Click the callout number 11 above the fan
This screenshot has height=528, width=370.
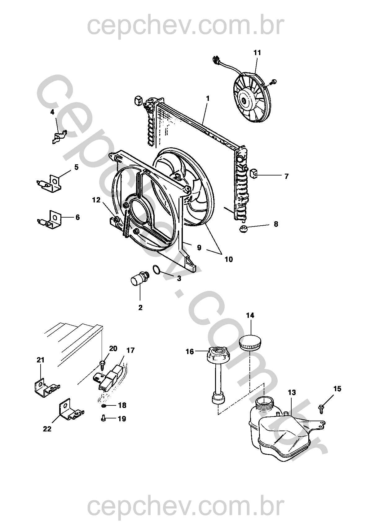(257, 53)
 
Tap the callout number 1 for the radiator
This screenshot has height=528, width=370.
(208, 98)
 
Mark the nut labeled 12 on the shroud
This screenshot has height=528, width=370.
(116, 220)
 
